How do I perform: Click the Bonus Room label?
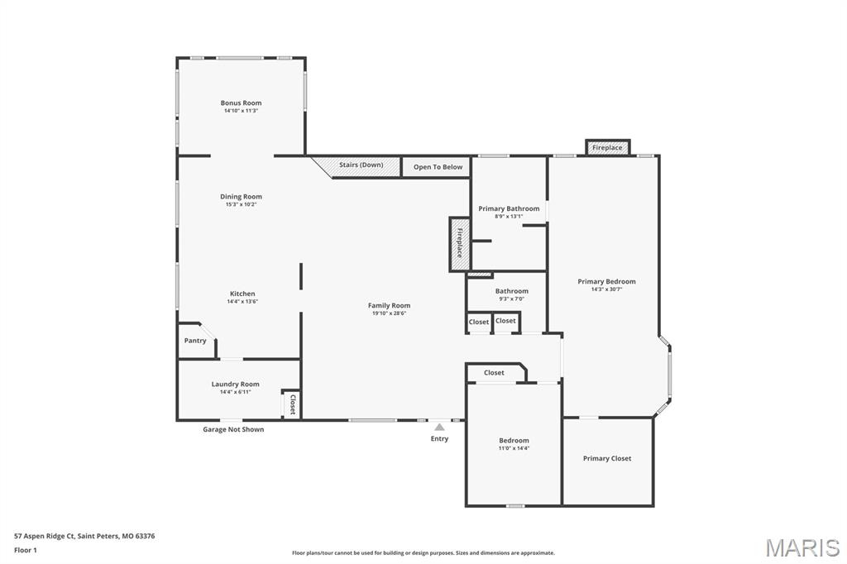click(241, 103)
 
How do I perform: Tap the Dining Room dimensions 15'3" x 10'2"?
click(241, 204)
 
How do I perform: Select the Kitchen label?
click(242, 294)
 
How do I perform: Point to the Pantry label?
click(195, 341)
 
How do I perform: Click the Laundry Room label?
click(235, 384)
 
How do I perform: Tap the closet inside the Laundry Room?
click(292, 404)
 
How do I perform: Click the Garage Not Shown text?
click(233, 429)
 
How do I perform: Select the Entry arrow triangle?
click(439, 427)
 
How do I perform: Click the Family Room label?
click(389, 305)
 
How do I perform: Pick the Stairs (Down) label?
click(361, 165)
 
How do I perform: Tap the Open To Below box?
click(438, 167)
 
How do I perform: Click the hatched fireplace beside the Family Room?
click(460, 243)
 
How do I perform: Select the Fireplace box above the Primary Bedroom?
click(607, 147)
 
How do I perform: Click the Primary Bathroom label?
click(509, 208)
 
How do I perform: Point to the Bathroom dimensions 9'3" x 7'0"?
click(511, 299)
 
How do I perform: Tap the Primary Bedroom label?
click(606, 281)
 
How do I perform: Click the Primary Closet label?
click(606, 458)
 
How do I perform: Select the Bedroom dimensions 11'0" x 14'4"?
click(514, 448)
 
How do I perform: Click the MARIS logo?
click(802, 547)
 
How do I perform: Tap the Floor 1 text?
click(26, 549)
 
